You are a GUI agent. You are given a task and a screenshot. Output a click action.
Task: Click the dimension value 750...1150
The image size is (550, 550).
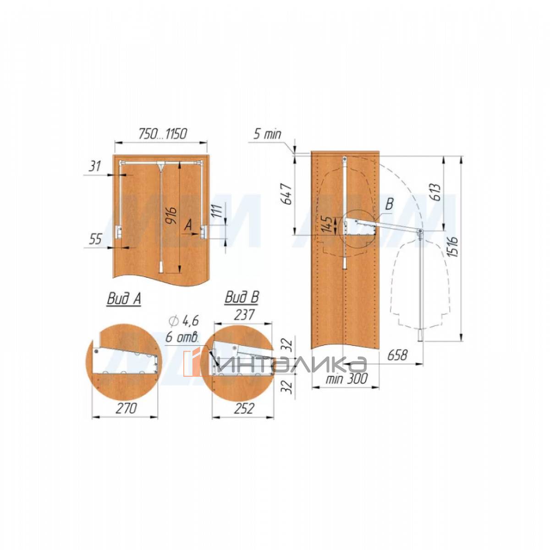163,134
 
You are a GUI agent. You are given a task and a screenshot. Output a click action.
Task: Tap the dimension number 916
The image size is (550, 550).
173,216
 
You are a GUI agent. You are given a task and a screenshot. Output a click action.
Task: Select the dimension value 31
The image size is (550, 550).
95,166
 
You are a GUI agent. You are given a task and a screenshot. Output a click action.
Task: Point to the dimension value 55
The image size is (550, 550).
95,239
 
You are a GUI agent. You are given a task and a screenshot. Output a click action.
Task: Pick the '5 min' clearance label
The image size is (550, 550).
267,134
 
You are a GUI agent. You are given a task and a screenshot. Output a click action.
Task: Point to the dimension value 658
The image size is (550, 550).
397,355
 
